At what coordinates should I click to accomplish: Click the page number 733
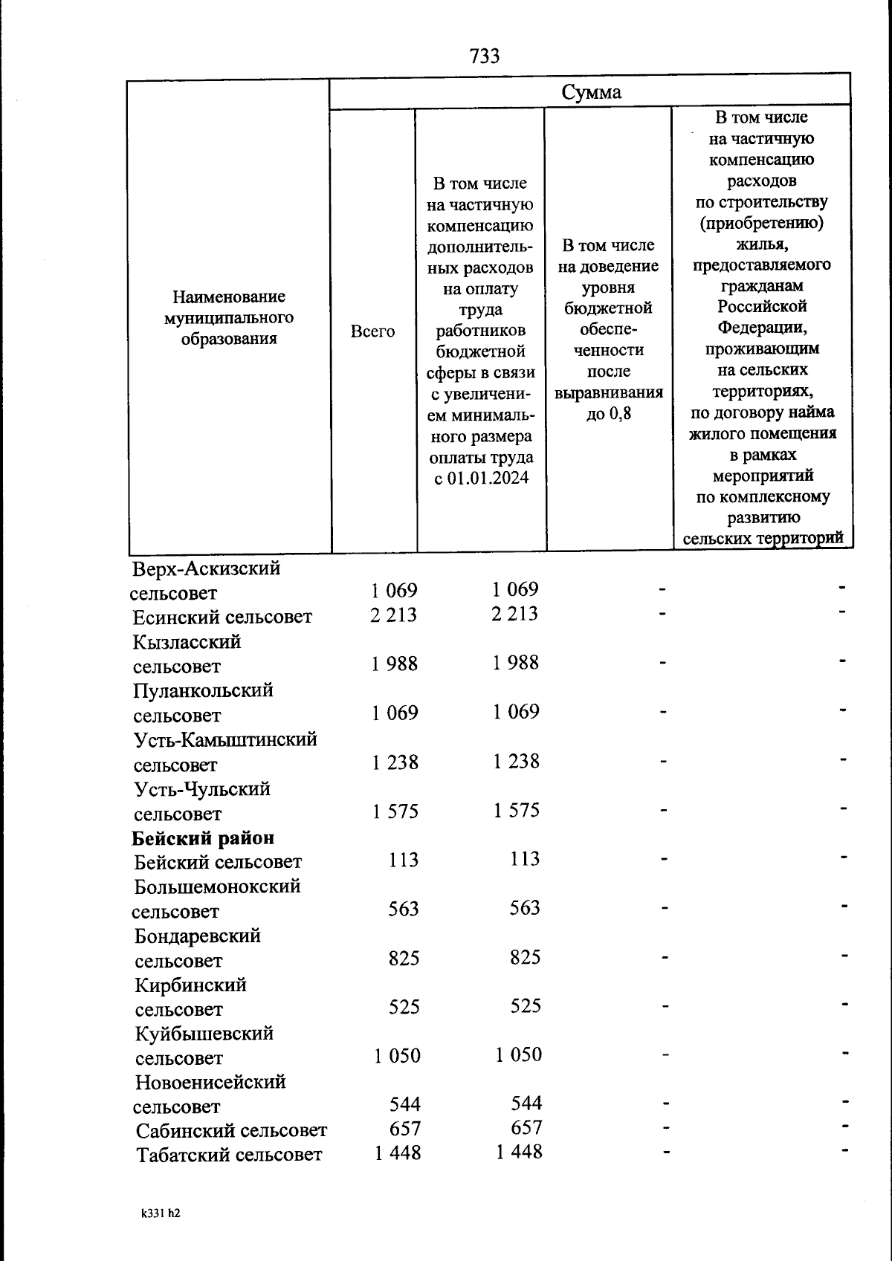tap(485, 56)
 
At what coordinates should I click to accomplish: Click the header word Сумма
tap(591, 92)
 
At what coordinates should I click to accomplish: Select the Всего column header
tap(372, 331)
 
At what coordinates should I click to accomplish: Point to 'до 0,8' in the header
tap(608, 413)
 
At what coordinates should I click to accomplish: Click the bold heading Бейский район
tap(203, 838)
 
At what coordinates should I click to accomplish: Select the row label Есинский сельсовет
tap(222, 617)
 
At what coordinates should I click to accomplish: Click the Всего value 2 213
tap(394, 615)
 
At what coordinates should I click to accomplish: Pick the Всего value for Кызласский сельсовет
tap(395, 664)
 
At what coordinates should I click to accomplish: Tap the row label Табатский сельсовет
tap(229, 1155)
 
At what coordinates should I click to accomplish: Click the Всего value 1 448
tap(397, 1153)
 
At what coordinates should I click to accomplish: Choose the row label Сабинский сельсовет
tap(231, 1131)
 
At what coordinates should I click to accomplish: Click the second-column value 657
tap(526, 1127)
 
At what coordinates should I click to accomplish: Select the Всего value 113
tap(403, 860)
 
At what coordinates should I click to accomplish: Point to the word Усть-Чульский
tap(202, 789)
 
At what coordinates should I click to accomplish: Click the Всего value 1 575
tap(395, 811)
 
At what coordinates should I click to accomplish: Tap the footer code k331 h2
tap(161, 1213)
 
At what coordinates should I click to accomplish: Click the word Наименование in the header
tap(229, 297)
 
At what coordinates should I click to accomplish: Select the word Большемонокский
tap(217, 886)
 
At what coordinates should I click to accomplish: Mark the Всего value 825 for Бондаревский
tap(404, 959)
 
